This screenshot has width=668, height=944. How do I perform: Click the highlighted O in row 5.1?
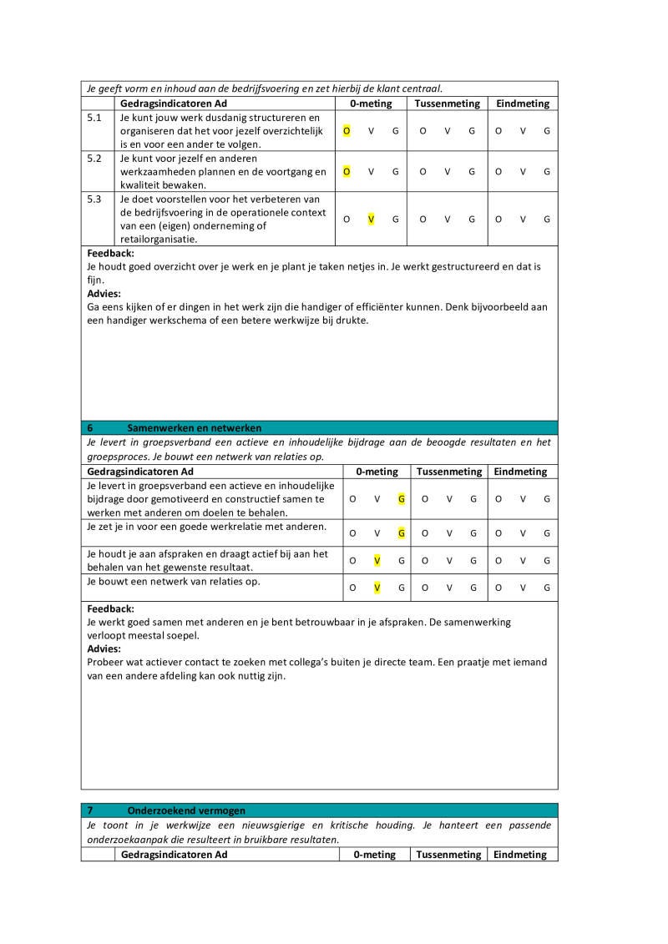pyautogui.click(x=347, y=131)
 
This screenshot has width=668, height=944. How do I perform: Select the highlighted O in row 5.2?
pyautogui.click(x=347, y=172)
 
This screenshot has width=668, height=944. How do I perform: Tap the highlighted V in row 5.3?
pyautogui.click(x=371, y=220)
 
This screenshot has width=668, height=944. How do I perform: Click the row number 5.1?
pyautogui.click(x=94, y=118)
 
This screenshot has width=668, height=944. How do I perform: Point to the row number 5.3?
pyautogui.click(x=94, y=199)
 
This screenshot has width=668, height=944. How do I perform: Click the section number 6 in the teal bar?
pyautogui.click(x=91, y=427)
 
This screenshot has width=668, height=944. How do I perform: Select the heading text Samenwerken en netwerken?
pyautogui.click(x=194, y=427)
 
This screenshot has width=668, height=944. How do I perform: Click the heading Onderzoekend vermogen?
pyautogui.click(x=186, y=810)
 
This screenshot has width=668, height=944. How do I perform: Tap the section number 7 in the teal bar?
pyautogui.click(x=91, y=810)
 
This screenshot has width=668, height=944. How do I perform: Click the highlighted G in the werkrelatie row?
pyautogui.click(x=402, y=533)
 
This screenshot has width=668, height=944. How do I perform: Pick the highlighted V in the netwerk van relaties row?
pyautogui.click(x=377, y=588)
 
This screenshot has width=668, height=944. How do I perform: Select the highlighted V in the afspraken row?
pyautogui.click(x=377, y=560)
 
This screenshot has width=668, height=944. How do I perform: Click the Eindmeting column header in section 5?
pyautogui.click(x=523, y=103)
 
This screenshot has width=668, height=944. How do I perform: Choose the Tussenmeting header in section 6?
pyautogui.click(x=449, y=472)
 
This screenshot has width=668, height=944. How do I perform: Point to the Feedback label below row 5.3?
pyautogui.click(x=110, y=253)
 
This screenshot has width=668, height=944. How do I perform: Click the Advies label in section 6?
pyautogui.click(x=104, y=649)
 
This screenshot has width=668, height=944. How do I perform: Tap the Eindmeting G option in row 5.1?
pyautogui.click(x=547, y=131)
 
